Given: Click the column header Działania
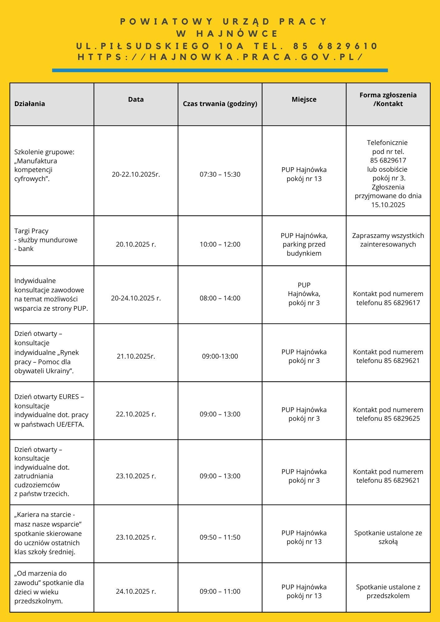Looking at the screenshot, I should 30,104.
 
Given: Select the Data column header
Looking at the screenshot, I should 136,100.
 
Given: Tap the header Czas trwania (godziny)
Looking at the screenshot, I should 220,104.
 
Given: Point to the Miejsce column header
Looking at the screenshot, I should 304,100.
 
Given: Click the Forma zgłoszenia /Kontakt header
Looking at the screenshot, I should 388,100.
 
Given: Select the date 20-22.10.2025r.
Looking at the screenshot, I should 136,174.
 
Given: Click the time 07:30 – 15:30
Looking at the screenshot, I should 220,174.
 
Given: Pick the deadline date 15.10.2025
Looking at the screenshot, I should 388,205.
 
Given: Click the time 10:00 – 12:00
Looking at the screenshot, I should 220,244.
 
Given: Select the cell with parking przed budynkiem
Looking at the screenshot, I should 304,244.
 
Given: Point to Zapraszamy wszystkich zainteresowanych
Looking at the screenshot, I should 388,240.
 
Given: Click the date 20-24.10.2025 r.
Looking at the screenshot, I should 136,298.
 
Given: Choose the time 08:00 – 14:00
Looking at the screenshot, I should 220,298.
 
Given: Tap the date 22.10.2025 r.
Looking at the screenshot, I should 136,414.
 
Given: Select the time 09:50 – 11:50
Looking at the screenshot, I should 220,537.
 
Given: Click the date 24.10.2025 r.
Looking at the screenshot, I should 136,592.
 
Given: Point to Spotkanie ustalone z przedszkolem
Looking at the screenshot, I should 388,592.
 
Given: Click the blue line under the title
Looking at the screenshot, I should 220,70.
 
